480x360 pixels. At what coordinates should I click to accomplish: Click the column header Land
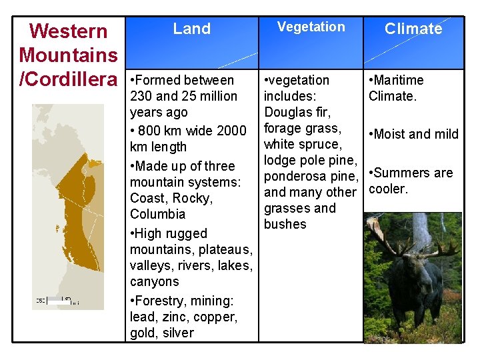click(x=191, y=29)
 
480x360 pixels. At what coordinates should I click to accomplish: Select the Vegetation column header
click(x=311, y=27)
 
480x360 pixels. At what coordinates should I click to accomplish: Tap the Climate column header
click(x=413, y=29)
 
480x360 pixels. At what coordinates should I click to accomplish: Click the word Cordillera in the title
click(x=74, y=80)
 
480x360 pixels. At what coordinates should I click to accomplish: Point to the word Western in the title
click(x=68, y=31)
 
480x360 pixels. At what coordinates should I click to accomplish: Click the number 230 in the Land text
click(x=141, y=96)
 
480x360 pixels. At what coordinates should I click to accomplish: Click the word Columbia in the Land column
click(x=157, y=214)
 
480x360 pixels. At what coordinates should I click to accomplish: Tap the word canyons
click(x=154, y=281)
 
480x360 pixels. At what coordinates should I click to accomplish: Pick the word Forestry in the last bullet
click(x=161, y=301)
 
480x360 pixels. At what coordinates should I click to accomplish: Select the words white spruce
click(x=303, y=144)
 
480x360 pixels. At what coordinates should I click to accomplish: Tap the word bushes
click(x=285, y=224)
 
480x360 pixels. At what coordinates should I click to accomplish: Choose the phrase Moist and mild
click(x=416, y=134)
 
